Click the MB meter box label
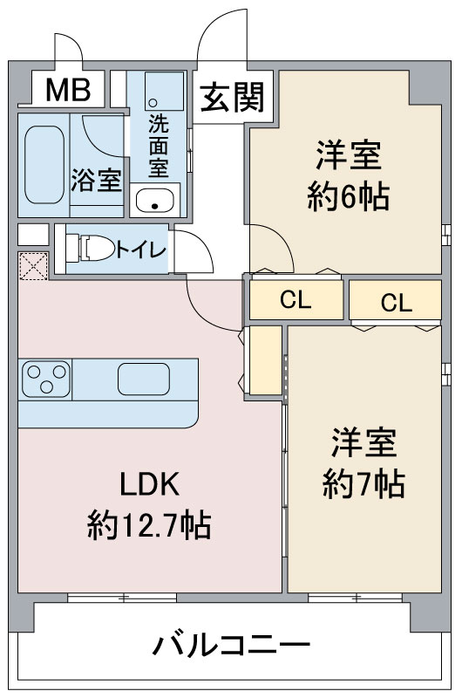(x=68, y=90)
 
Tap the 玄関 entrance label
(x=232, y=97)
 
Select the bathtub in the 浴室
(x=44, y=165)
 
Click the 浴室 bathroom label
(x=96, y=180)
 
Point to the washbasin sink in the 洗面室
(x=155, y=201)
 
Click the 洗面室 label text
(x=159, y=146)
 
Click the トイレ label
(x=141, y=250)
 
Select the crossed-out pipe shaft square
(x=33, y=266)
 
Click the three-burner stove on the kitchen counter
(x=46, y=379)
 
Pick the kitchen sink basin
(x=144, y=380)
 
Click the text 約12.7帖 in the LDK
(x=149, y=525)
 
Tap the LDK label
(x=150, y=484)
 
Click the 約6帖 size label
(x=348, y=196)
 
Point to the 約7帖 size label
(x=363, y=484)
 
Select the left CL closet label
(x=296, y=300)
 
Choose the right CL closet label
(x=397, y=303)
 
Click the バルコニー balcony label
(x=231, y=645)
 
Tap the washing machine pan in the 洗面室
(x=164, y=92)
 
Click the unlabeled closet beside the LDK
(x=266, y=360)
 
